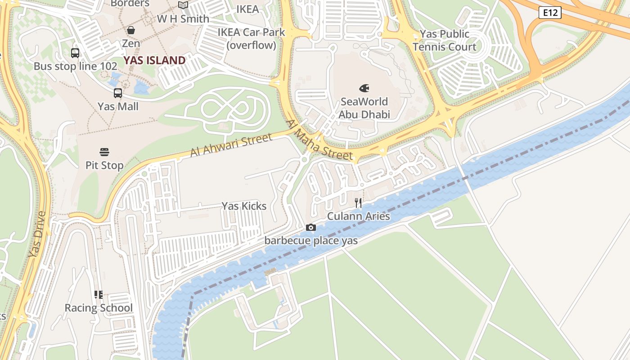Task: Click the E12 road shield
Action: [x=550, y=13]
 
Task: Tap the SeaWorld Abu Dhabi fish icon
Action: [x=364, y=88]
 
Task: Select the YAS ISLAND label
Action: [x=154, y=60]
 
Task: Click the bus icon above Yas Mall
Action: [x=118, y=93]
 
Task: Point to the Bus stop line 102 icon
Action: [x=75, y=53]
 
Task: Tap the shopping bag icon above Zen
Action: [x=131, y=30]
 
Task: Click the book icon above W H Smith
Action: [x=183, y=5]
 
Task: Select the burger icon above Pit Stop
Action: [x=104, y=152]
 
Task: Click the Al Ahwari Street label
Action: [x=231, y=145]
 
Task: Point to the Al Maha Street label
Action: [x=319, y=140]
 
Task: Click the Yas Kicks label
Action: [x=244, y=206]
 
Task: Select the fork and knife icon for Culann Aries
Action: [x=358, y=203]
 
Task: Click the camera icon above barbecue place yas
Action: [x=310, y=228]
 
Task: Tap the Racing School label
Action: [x=99, y=308]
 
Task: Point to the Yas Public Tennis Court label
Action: [x=444, y=40]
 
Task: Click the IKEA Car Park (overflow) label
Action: [x=251, y=39]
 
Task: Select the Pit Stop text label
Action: [x=104, y=165]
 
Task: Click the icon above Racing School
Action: [x=99, y=295]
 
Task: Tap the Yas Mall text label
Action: [x=118, y=107]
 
